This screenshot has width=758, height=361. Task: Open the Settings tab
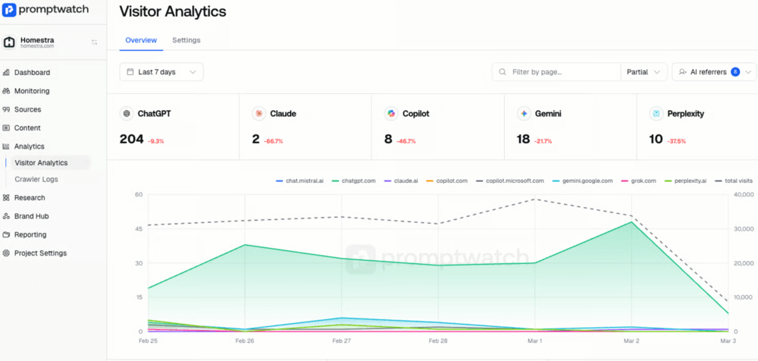coord(186,40)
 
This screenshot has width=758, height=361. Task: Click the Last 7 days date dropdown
coord(161,72)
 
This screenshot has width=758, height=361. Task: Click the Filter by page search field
coord(556,72)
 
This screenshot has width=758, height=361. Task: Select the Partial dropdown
coord(644,72)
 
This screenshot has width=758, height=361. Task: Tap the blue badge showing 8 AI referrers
coord(735,72)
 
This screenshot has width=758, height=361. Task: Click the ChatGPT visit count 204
coord(131,140)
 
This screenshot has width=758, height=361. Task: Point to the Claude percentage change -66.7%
coord(273,141)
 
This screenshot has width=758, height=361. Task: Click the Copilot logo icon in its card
coord(391,114)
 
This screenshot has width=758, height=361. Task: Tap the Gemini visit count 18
coord(524,140)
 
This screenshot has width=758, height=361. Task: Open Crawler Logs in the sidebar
coord(36,179)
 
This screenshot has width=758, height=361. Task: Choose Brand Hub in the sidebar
coord(31,216)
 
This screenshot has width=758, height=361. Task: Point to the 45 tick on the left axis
coord(139,229)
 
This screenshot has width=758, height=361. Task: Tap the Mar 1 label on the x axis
coord(534,341)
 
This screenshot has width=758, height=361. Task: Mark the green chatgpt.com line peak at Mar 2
coord(631,221)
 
